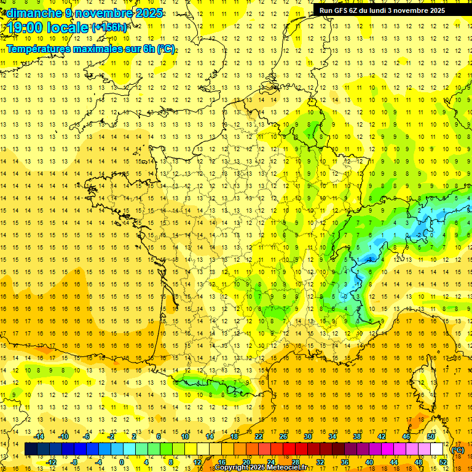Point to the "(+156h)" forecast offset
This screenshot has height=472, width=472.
[x=109, y=27]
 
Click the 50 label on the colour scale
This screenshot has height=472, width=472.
[x=431, y=436]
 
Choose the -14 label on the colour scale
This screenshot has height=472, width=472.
[x=39, y=436]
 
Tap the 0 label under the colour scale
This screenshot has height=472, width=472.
[x=122, y=462]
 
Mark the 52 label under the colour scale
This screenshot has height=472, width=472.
[x=442, y=462]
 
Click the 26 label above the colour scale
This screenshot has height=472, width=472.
[x=283, y=436]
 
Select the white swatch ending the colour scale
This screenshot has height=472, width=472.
[x=437, y=449]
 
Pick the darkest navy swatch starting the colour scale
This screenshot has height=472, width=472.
[x=31, y=449]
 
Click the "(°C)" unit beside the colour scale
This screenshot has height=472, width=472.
[x=458, y=449]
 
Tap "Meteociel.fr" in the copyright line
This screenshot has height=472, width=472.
[x=285, y=468]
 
